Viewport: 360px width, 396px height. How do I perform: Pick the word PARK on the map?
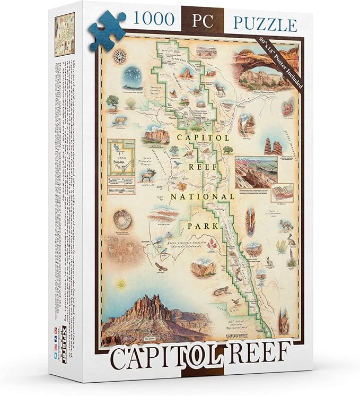[203, 225]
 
